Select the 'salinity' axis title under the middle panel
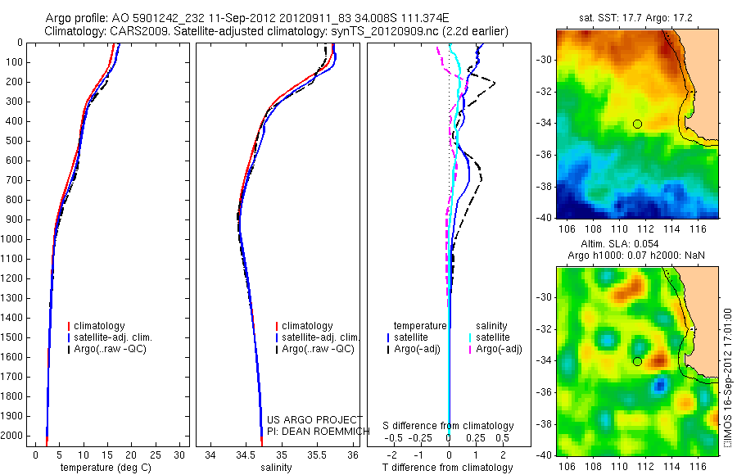click(x=276, y=468)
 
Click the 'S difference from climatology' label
click(x=449, y=427)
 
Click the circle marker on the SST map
click(x=637, y=124)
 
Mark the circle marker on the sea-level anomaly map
click(x=637, y=361)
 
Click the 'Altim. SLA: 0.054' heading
click(x=637, y=246)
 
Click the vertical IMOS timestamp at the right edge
click(x=729, y=378)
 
